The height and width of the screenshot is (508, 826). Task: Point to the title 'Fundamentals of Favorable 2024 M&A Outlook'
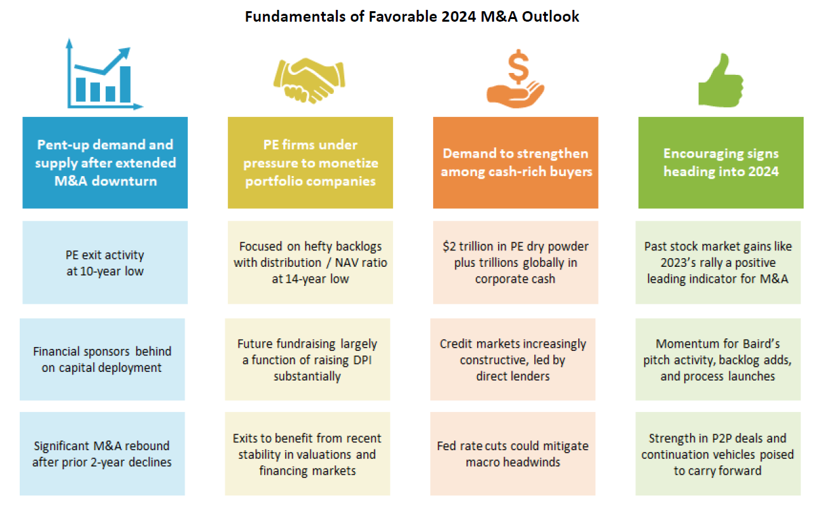click(x=412, y=17)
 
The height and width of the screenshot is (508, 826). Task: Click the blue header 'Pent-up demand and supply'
click(x=105, y=162)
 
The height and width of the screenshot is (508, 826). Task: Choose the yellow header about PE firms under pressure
click(x=310, y=162)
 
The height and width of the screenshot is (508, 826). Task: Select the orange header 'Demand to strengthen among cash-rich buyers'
click(x=516, y=162)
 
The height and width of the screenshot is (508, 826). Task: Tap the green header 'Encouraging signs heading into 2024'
click(x=721, y=162)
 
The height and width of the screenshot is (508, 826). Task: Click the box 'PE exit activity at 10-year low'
click(x=105, y=262)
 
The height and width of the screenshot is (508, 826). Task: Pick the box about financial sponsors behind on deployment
click(x=102, y=359)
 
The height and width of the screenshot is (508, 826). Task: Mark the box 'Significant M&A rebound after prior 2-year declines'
click(x=102, y=453)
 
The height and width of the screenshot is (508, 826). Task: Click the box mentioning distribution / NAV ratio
click(x=310, y=262)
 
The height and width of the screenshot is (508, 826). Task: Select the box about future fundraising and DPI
click(x=307, y=359)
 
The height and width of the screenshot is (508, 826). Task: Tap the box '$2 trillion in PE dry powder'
click(x=516, y=262)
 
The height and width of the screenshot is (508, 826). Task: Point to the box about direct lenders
click(x=513, y=359)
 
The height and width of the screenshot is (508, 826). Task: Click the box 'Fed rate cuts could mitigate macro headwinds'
click(x=513, y=453)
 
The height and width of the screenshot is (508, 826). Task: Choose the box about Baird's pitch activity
click(x=718, y=359)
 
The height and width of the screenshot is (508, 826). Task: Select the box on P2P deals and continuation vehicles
click(x=718, y=453)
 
